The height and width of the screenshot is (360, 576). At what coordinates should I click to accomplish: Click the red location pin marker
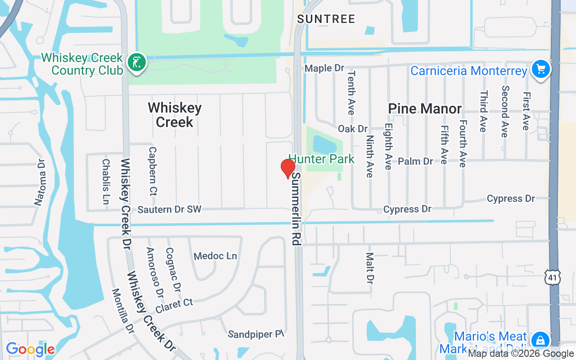[288, 168]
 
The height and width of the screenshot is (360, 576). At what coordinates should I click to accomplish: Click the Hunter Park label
[321, 159]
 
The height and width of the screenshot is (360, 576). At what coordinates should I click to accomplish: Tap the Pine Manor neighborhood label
[425, 108]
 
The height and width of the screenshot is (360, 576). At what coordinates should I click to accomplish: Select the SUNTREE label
[326, 19]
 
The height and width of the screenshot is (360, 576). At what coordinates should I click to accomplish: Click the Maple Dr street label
[324, 68]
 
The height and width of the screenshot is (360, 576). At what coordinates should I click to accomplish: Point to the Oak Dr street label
[352, 129]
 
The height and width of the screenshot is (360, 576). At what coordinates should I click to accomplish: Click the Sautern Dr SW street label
[169, 209]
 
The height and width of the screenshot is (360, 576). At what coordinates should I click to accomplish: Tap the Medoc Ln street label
[215, 256]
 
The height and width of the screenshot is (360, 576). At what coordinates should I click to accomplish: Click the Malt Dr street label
[370, 268]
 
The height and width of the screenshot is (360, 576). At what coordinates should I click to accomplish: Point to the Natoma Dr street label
[40, 182]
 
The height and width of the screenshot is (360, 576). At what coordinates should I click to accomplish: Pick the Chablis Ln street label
[106, 181]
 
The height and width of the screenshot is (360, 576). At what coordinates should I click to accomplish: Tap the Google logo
[30, 349]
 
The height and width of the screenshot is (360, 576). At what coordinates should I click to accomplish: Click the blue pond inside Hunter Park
[323, 144]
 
